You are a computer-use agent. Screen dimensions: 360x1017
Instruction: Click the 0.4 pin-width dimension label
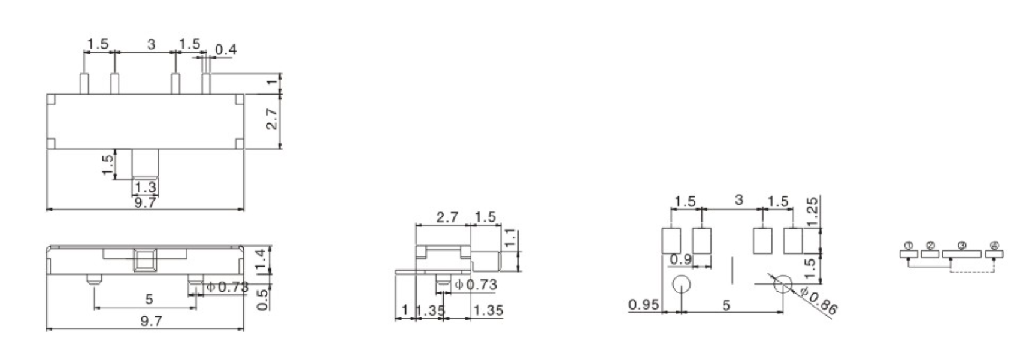[225, 49]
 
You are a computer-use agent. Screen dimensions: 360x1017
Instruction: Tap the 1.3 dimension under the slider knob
[145, 187]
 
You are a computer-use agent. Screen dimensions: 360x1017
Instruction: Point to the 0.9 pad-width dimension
[680, 259]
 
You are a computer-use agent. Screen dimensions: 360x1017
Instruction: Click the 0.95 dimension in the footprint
[643, 305]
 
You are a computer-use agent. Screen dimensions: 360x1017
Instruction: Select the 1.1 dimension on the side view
[510, 239]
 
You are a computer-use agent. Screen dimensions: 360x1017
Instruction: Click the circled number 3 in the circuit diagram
[962, 246]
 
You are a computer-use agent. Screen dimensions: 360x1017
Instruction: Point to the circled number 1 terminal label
[909, 246]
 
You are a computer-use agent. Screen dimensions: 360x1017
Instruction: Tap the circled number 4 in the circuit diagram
[995, 246]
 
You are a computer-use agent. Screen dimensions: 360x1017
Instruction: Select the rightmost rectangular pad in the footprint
[792, 241]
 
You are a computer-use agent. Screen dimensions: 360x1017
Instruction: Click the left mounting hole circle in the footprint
[682, 285]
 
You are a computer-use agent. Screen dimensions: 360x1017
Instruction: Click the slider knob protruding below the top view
[146, 164]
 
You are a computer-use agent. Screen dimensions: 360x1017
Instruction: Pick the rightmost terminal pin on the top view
[206, 83]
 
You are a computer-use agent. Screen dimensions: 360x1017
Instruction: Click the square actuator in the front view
[144, 261]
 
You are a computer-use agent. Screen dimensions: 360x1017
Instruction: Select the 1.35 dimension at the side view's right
[488, 310]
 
